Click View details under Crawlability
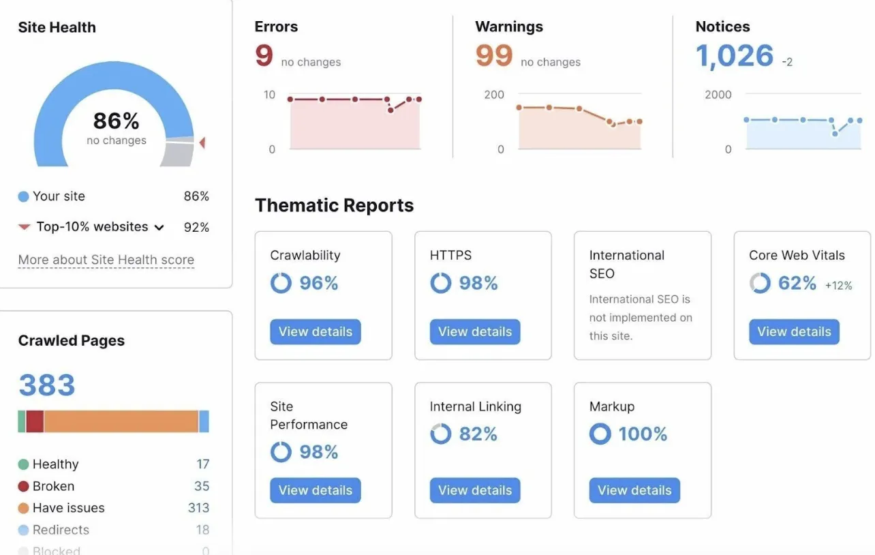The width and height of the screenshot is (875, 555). click(x=315, y=332)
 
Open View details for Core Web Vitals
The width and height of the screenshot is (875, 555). click(x=794, y=332)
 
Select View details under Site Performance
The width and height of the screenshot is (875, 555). click(x=315, y=490)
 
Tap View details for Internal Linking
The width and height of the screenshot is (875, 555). click(x=475, y=490)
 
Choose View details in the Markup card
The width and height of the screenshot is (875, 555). click(x=634, y=490)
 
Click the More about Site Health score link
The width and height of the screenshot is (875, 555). click(x=106, y=260)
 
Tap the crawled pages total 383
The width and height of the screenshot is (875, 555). click(x=47, y=385)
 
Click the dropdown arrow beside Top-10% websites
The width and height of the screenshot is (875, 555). click(x=159, y=227)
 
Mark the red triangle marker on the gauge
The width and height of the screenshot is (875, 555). click(x=202, y=142)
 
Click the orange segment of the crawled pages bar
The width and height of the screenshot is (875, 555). click(x=121, y=421)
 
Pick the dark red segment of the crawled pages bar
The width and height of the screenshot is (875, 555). click(x=35, y=421)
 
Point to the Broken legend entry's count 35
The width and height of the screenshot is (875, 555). click(x=202, y=486)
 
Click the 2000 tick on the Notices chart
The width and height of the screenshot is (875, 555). click(x=718, y=95)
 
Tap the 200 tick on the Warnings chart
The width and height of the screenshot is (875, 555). click(x=494, y=95)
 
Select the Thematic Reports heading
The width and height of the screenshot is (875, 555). click(x=334, y=205)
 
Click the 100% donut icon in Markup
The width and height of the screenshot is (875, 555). click(x=600, y=434)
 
